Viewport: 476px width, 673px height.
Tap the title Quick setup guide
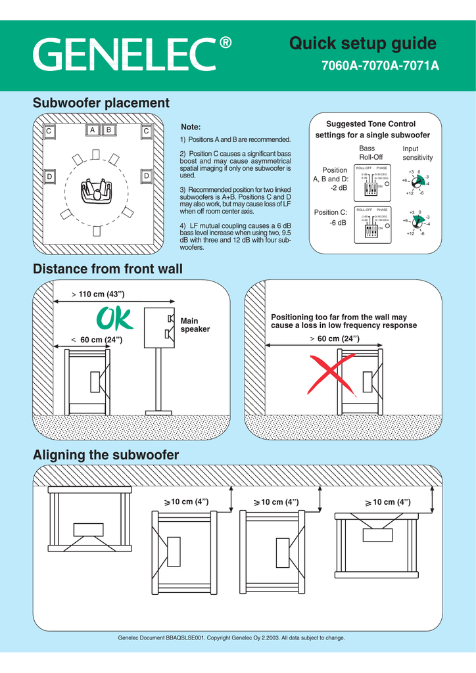tap(363, 44)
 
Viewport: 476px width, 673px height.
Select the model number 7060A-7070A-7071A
tap(379, 67)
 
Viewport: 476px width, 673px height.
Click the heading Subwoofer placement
tap(101, 103)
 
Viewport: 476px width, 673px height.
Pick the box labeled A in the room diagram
tap(93, 130)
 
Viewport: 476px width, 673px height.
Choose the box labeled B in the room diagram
tap(108, 130)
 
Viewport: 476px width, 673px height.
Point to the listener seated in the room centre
tap(97, 191)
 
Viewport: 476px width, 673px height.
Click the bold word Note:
tap(190, 127)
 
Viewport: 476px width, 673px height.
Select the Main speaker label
tap(195, 325)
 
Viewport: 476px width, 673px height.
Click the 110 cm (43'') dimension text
tap(101, 293)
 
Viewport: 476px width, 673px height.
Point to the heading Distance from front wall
tap(108, 269)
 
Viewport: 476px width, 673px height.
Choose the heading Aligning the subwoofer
tap(106, 455)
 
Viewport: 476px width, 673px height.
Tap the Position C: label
tap(330, 212)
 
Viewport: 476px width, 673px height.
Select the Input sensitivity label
tap(417, 153)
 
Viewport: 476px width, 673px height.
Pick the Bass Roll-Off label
tap(371, 153)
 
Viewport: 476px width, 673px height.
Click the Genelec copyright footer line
tap(231, 638)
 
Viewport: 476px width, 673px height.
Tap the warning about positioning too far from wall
tap(344, 321)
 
